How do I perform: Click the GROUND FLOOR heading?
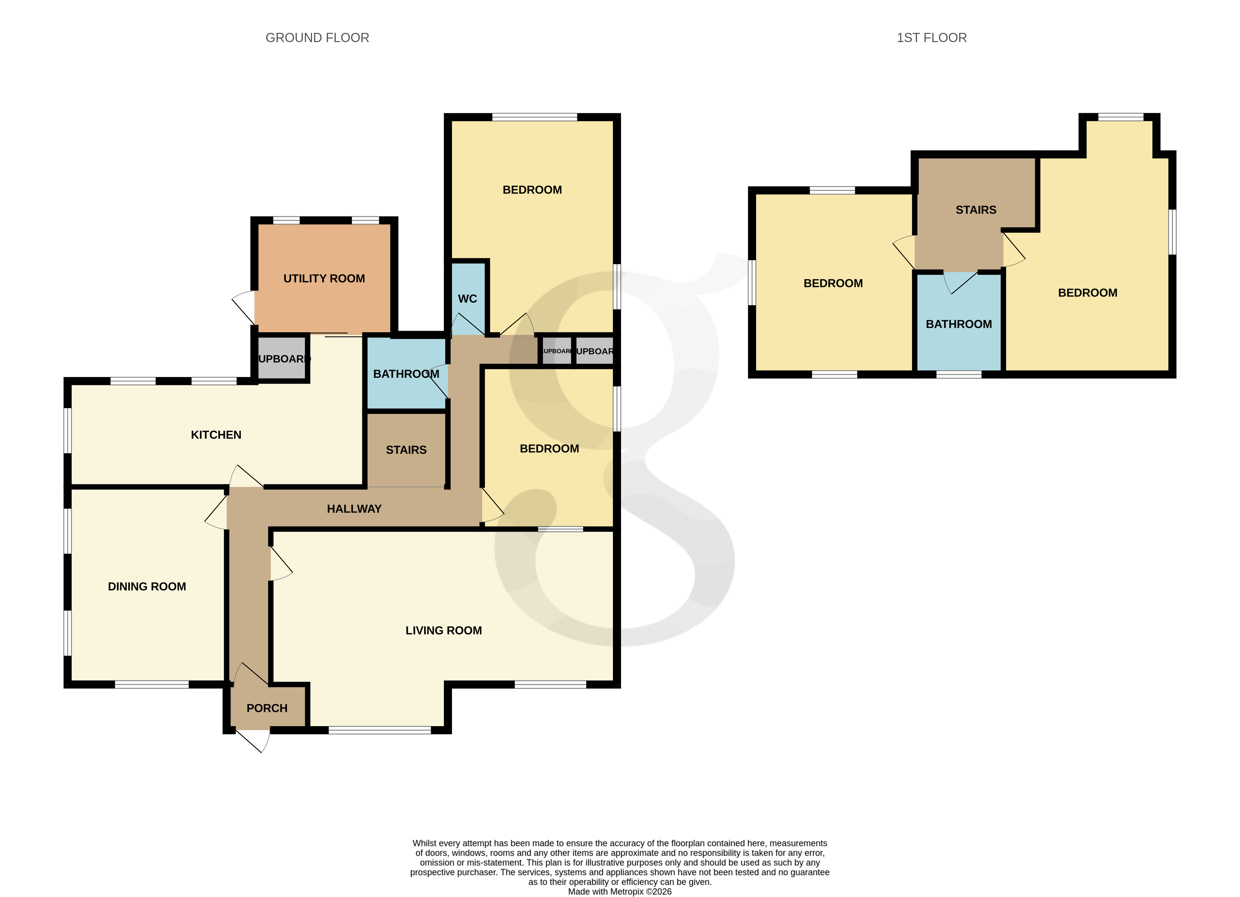(x=317, y=38)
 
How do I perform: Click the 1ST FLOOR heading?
(x=931, y=38)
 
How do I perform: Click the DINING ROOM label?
(x=146, y=586)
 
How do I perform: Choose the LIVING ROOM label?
(x=444, y=630)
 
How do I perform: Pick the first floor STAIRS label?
(x=975, y=210)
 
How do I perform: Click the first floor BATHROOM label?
(x=958, y=324)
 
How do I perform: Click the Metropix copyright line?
(x=619, y=892)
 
